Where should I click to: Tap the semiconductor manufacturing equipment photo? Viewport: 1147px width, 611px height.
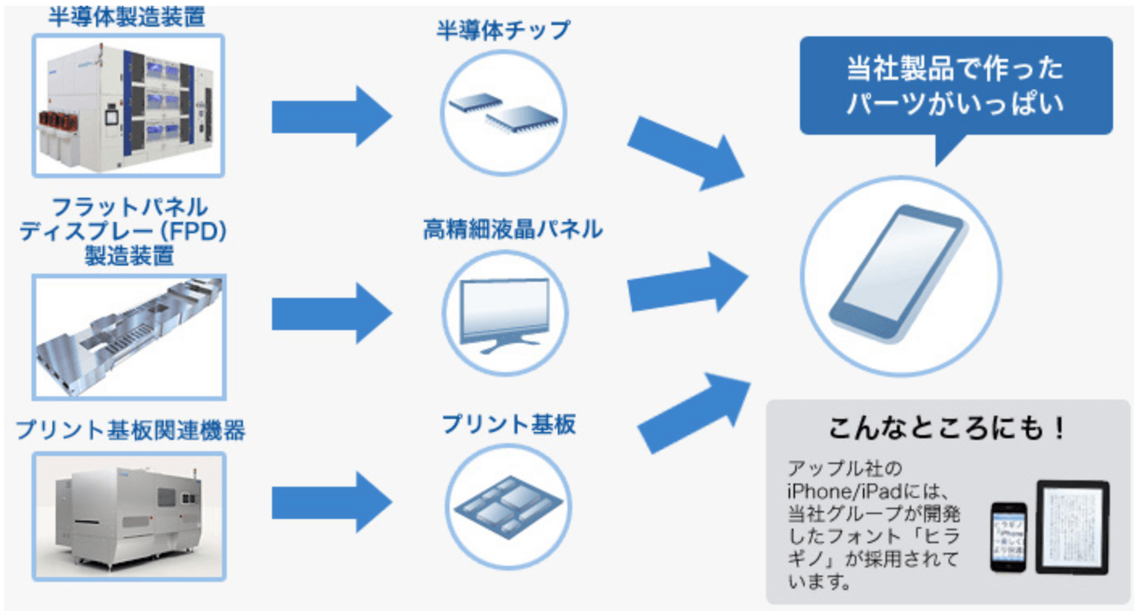tap(128, 106)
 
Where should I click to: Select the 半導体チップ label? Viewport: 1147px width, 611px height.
tap(503, 31)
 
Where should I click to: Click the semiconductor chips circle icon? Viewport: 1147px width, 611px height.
tap(504, 112)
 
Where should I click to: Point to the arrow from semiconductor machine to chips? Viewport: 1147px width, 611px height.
tap(331, 116)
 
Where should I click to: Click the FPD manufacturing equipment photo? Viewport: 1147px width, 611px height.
tap(128, 337)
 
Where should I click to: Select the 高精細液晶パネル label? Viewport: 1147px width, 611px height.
tap(513, 229)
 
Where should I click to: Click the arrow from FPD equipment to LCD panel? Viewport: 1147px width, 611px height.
tap(331, 313)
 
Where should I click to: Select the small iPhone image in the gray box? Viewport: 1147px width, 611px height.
tap(1008, 537)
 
